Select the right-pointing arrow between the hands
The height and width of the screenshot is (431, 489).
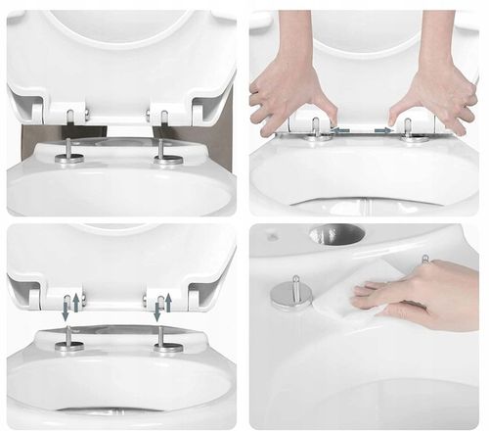point(384,128)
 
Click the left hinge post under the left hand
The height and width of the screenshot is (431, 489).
point(315,128)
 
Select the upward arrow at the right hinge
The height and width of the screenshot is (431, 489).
point(167,301)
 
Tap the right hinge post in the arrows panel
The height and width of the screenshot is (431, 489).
point(162,339)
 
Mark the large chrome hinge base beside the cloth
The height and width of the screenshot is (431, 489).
point(291,293)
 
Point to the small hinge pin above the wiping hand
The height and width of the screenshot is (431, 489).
point(424,261)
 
